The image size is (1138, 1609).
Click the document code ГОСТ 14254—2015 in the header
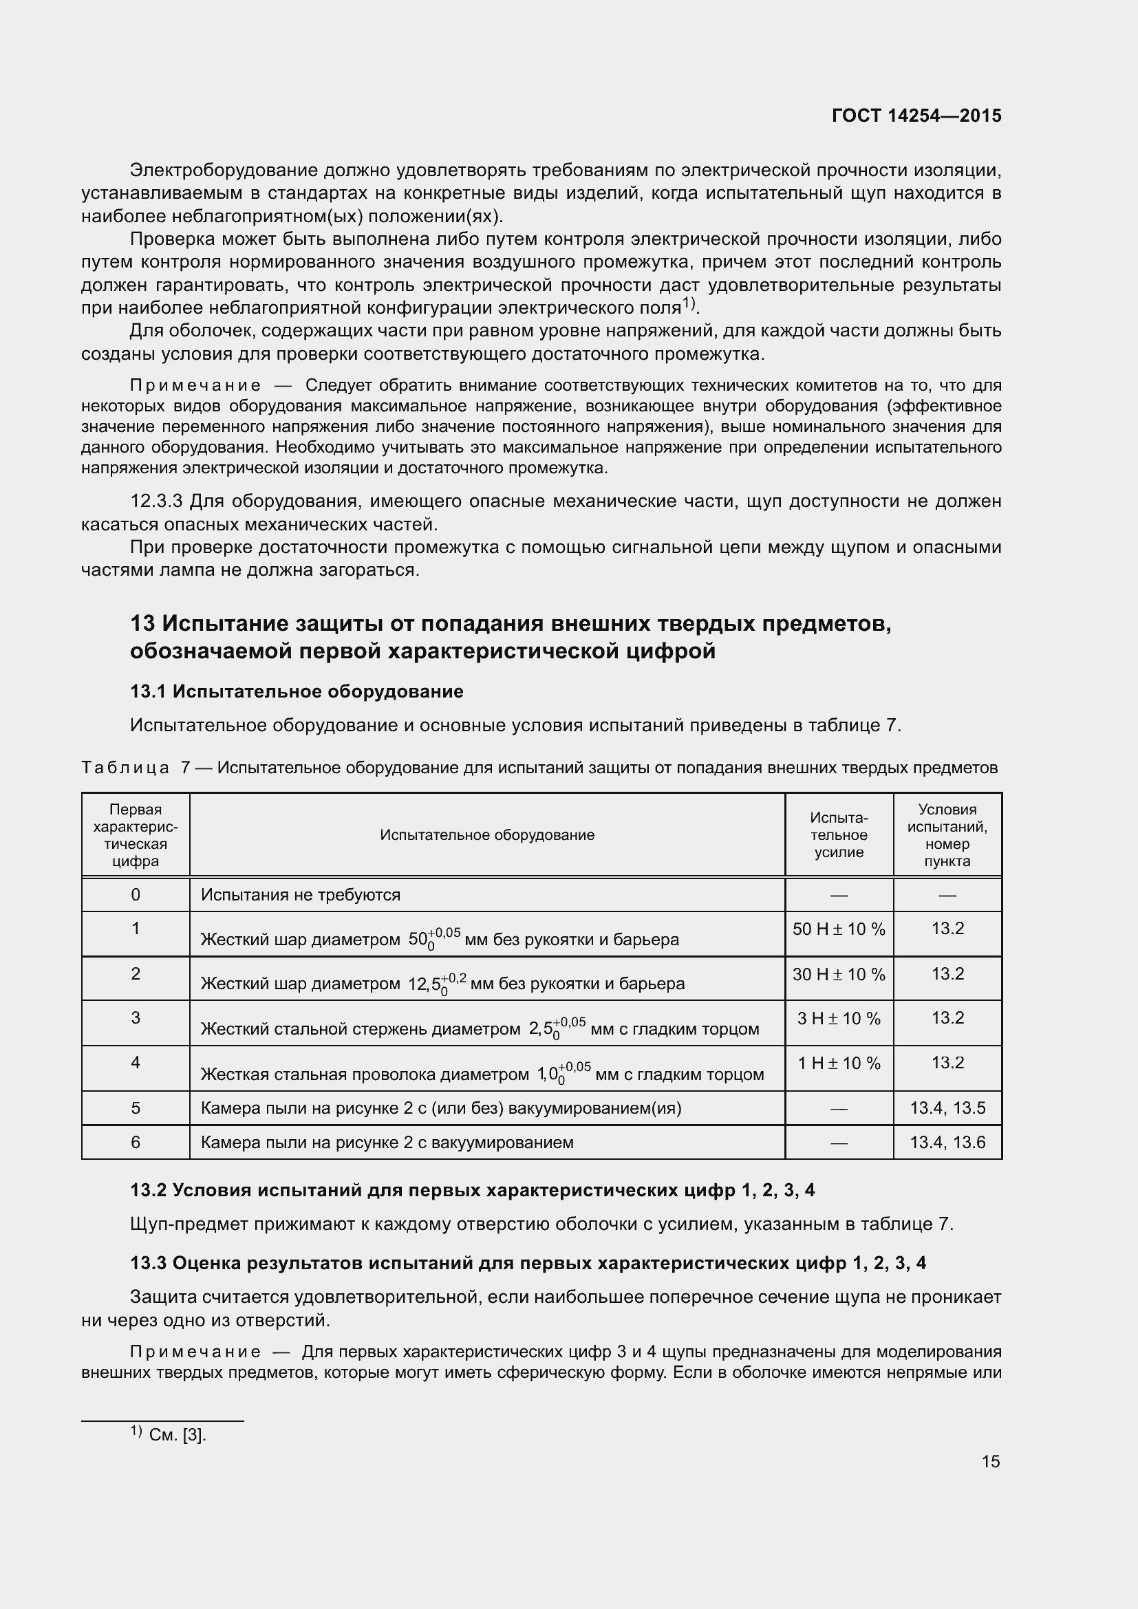click(x=916, y=116)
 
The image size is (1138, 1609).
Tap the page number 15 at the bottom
click(x=990, y=1461)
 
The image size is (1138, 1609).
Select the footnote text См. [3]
click(x=178, y=1434)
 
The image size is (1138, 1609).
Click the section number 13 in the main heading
click(x=143, y=623)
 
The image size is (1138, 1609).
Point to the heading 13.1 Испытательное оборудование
click(x=297, y=691)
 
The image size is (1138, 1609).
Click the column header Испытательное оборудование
click(x=487, y=834)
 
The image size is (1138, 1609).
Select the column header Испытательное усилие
click(x=838, y=834)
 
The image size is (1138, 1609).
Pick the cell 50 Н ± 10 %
click(x=838, y=929)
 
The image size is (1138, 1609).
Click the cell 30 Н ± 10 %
click(x=838, y=974)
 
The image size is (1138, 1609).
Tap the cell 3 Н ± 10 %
click(x=838, y=1019)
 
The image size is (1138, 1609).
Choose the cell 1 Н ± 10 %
click(x=838, y=1063)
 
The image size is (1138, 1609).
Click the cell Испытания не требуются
click(x=301, y=895)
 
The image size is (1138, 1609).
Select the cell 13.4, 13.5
click(x=947, y=1108)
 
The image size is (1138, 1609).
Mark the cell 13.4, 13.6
click(x=947, y=1143)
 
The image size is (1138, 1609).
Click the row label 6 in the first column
click(x=136, y=1143)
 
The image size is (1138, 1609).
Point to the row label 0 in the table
click(x=136, y=895)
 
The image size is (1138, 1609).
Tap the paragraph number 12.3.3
click(x=156, y=501)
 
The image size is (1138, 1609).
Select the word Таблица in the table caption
click(x=125, y=768)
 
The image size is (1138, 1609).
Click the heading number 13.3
click(x=148, y=1263)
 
